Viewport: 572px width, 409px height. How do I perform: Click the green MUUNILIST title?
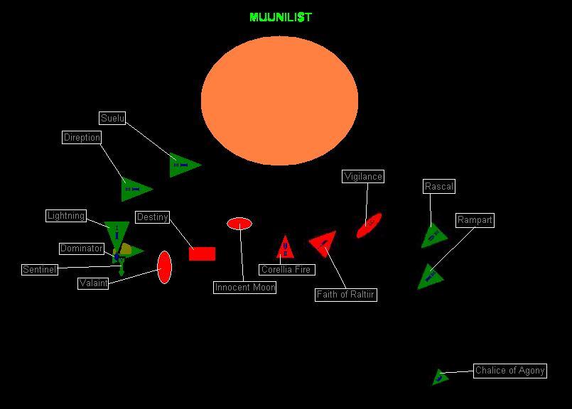[x=280, y=17]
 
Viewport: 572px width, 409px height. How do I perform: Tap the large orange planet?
[x=279, y=101]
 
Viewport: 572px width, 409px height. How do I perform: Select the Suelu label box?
[x=112, y=119]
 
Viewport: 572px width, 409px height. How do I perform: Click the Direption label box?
[x=82, y=138]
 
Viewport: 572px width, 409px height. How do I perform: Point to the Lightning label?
[x=65, y=216]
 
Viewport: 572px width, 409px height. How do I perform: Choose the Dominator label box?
[x=81, y=249]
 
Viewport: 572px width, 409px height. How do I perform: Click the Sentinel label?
[x=39, y=270]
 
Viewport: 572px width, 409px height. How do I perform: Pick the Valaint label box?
[x=93, y=283]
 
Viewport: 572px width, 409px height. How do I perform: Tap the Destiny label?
[x=152, y=217]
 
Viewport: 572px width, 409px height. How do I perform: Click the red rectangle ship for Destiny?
[x=202, y=253]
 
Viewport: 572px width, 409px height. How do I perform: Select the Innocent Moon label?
[x=244, y=288]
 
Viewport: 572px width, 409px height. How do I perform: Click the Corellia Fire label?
[x=286, y=270]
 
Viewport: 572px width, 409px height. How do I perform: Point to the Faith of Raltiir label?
[x=345, y=295]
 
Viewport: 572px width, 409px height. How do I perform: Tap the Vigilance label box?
[x=362, y=177]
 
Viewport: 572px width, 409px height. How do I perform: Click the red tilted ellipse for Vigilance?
[x=369, y=225]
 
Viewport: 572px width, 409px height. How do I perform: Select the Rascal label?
[x=438, y=187]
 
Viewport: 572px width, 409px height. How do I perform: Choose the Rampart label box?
[x=474, y=220]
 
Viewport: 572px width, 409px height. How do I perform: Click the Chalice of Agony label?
[x=509, y=371]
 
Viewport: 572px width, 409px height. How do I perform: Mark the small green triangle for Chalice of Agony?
[x=440, y=377]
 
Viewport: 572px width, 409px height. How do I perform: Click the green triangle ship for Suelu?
[x=183, y=165]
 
